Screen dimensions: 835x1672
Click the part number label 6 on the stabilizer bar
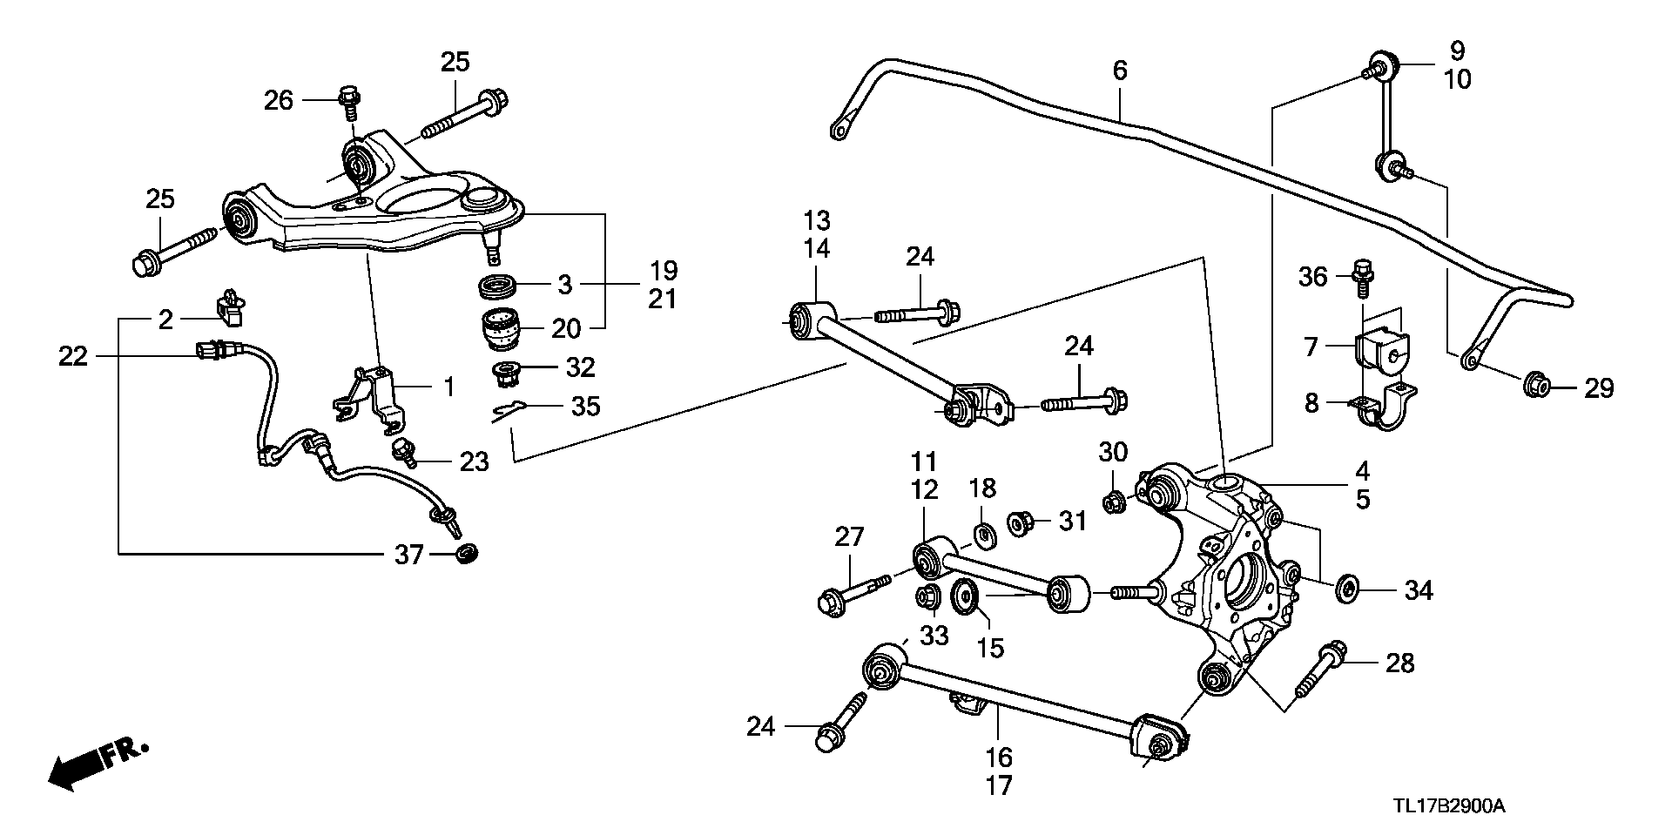[x=1120, y=70]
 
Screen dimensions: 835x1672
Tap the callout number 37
[x=409, y=554]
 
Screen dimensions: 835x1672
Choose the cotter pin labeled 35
[x=509, y=409]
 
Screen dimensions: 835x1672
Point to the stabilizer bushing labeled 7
[x=1383, y=347]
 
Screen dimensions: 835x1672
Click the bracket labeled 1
[x=370, y=396]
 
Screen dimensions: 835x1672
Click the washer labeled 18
[x=985, y=535]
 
